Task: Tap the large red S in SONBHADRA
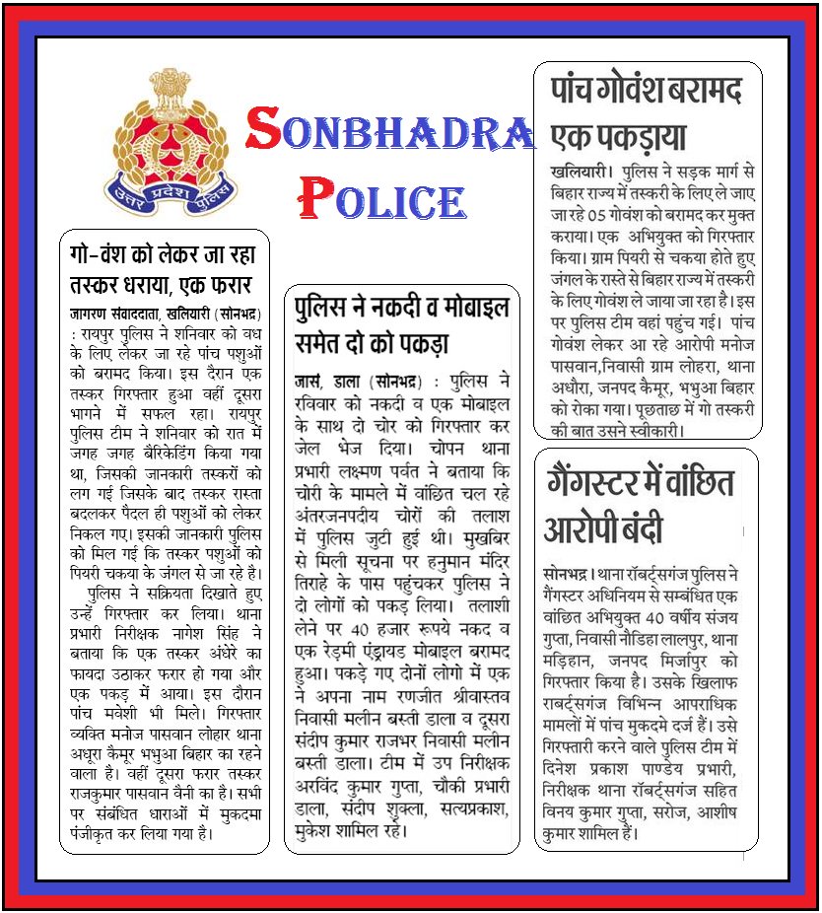tap(265, 129)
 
